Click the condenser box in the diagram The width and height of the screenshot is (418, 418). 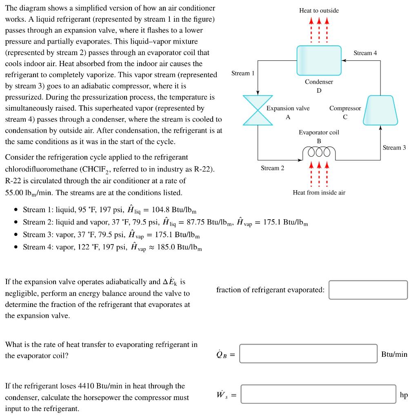tap(319, 60)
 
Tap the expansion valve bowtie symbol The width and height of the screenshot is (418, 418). tap(258, 110)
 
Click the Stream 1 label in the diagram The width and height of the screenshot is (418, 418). tap(242, 73)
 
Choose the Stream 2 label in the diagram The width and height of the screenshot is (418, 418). tap(272, 168)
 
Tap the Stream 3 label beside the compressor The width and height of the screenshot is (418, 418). tap(394, 147)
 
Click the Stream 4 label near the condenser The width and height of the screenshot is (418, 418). tap(365, 53)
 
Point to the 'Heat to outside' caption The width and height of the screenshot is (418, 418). tap(319, 10)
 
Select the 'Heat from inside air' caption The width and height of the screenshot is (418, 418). tap(319, 192)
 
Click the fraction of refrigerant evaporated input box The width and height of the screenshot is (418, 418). tap(368, 290)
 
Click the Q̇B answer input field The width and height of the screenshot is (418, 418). tap(308, 354)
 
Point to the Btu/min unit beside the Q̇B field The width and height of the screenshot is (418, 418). tap(394, 354)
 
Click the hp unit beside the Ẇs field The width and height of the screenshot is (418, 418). tap(404, 395)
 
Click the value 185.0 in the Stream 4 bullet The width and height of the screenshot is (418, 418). tap(166, 247)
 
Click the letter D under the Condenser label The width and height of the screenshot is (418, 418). tap(319, 90)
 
